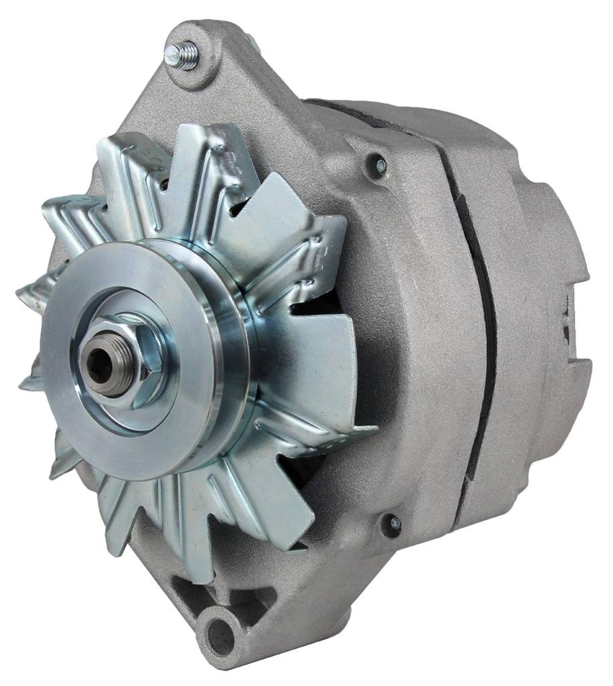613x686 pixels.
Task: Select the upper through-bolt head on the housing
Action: (379, 163)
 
